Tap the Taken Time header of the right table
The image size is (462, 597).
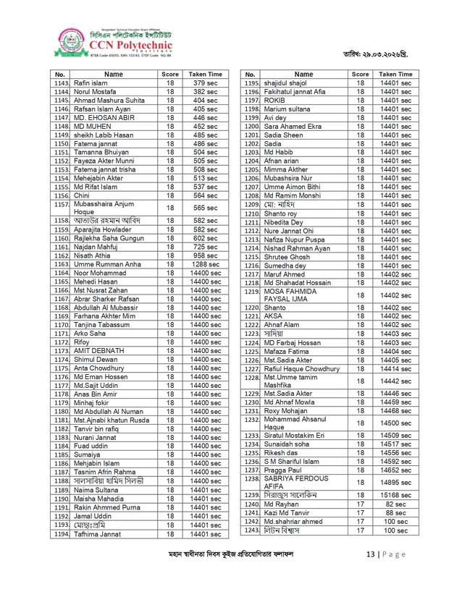(395, 75)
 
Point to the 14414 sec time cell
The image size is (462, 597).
(395, 368)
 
